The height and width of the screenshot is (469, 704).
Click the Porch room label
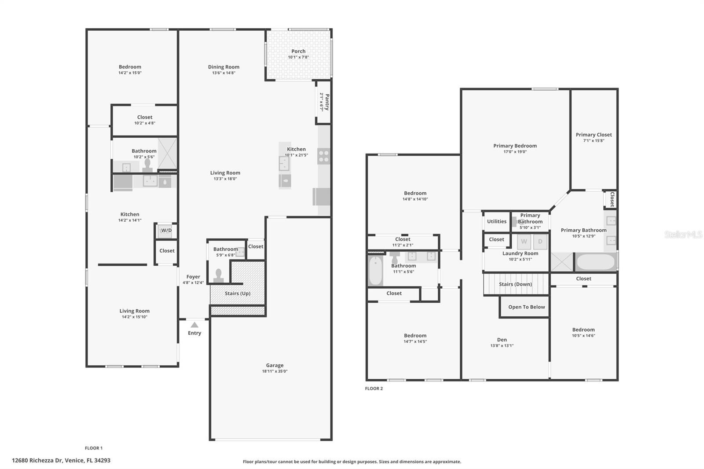coord(298,51)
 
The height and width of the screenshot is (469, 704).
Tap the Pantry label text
coord(327,102)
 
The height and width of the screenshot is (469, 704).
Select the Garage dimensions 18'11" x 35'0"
coord(275,371)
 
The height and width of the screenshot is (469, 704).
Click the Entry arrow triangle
coord(194,325)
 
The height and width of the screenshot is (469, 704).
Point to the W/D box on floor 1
coord(166,231)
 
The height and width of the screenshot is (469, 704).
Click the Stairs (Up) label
coord(238,293)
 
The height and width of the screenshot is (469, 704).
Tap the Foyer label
coord(193,277)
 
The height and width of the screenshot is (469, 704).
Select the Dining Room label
coord(224,67)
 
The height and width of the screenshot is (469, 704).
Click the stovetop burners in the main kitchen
coord(324,156)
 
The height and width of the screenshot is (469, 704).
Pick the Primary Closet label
coord(594,135)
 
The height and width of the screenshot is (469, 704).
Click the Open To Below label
coord(526,307)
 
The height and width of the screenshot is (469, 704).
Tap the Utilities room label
coord(497,221)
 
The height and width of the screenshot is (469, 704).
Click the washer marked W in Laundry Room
coord(524,242)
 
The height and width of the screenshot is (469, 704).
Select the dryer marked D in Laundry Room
coord(540,242)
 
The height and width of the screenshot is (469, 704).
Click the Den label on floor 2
coord(502,340)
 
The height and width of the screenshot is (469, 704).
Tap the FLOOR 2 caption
coord(374,388)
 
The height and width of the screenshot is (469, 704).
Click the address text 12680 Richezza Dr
coord(37,461)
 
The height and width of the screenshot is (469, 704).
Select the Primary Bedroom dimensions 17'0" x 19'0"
coord(515,152)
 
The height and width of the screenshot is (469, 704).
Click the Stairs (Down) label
coord(515,284)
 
